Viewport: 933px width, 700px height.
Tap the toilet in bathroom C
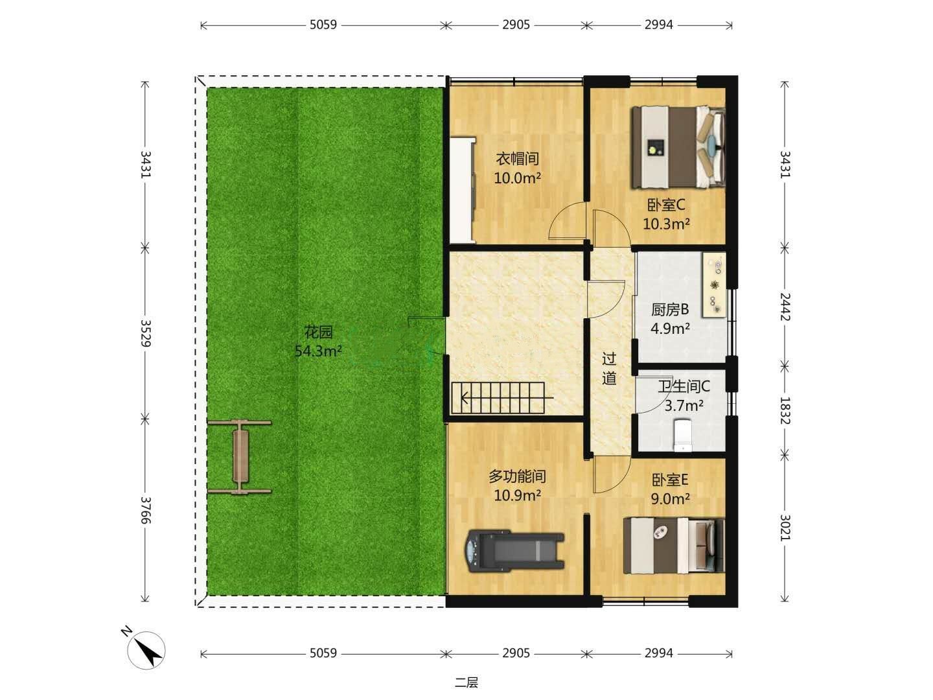683,435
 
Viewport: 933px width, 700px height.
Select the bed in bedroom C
678,148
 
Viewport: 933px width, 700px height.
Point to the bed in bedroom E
674,545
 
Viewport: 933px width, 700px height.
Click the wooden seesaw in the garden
239,457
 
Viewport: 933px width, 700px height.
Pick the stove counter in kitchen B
714,285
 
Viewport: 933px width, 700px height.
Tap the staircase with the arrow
502,398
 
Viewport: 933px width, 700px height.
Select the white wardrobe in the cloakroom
463,189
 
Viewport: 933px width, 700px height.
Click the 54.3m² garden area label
318,351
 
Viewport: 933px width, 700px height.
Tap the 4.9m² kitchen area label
670,329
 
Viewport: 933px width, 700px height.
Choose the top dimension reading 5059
323,25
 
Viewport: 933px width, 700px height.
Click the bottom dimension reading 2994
659,653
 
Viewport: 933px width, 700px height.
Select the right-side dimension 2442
785,307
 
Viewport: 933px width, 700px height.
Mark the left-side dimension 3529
145,333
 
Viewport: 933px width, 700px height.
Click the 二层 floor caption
466,682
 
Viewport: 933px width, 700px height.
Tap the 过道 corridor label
609,369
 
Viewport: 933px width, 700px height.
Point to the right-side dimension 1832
785,410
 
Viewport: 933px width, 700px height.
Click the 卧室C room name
666,205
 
